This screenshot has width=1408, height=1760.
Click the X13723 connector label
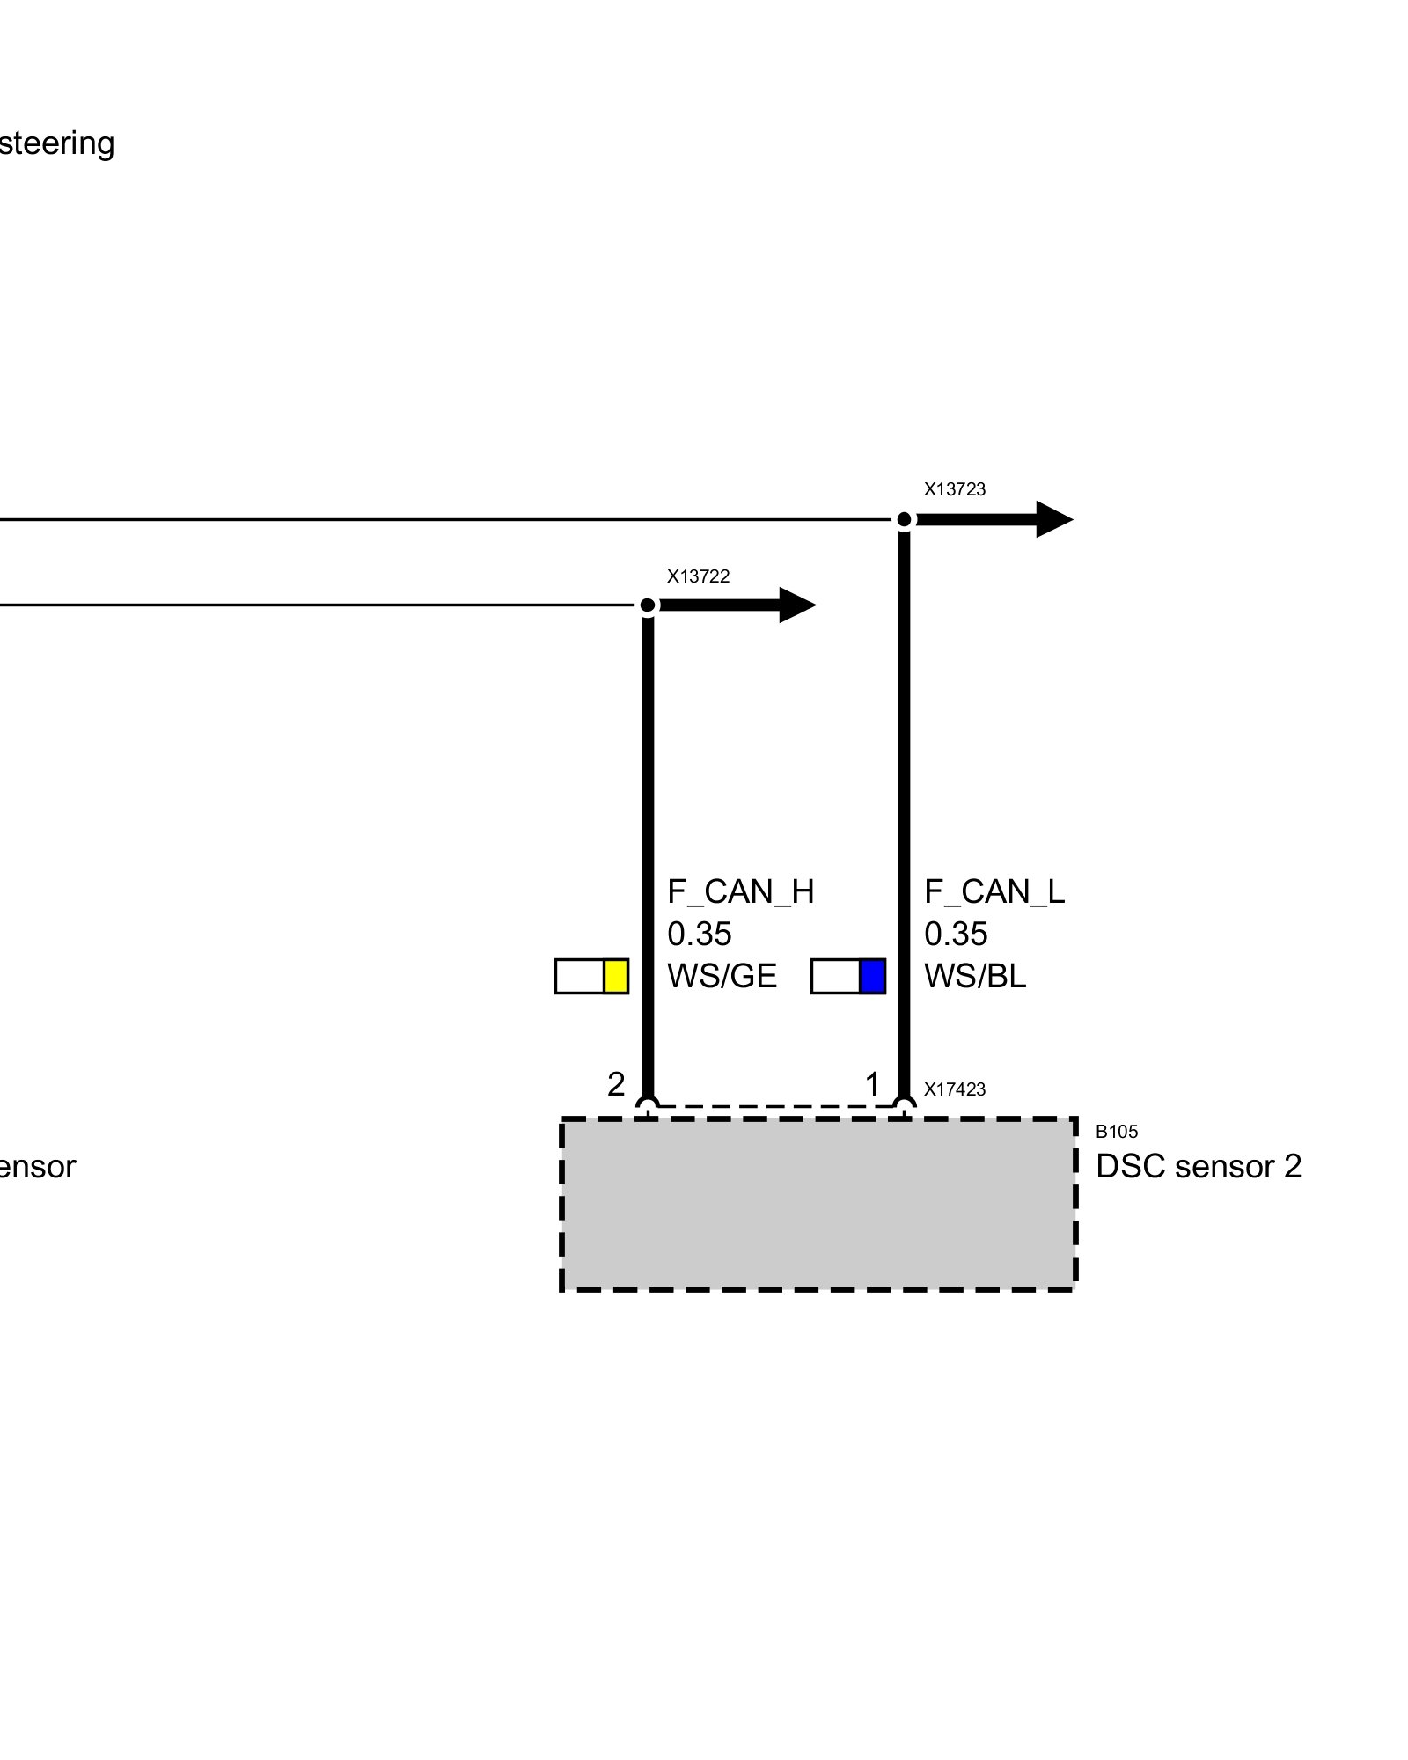tap(954, 489)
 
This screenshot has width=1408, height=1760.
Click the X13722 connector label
tap(698, 576)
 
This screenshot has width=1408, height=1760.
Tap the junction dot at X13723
tap(904, 520)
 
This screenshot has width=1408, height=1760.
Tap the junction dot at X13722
tap(648, 605)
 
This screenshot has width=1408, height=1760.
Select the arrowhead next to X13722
tap(796, 605)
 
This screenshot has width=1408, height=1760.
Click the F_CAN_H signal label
tap(740, 892)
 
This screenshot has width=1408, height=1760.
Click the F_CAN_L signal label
tap(994, 892)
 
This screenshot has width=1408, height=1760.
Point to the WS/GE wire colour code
tap(722, 977)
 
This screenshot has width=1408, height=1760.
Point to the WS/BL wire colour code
tap(974, 977)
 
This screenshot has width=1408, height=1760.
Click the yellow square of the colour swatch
tap(615, 977)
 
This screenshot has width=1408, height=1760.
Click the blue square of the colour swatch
tap(871, 977)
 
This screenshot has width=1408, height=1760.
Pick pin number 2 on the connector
tap(616, 1084)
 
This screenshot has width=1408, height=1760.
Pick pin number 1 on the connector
tap(872, 1084)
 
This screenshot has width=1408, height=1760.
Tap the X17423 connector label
tap(954, 1089)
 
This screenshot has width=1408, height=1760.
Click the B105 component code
tap(1116, 1132)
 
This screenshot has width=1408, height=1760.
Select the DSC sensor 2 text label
tap(1198, 1167)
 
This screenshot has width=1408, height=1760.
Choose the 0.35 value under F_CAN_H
tap(699, 935)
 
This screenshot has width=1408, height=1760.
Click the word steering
tap(56, 143)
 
